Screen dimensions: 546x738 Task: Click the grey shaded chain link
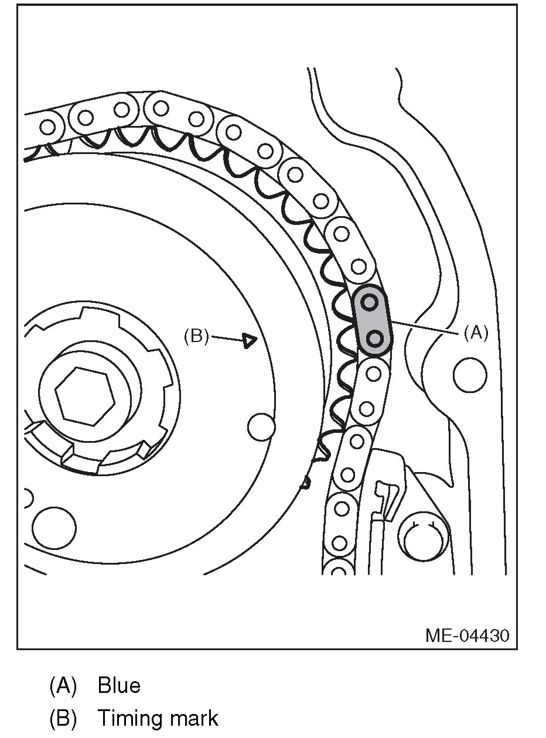[x=372, y=320]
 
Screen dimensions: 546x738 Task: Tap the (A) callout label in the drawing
[x=476, y=333]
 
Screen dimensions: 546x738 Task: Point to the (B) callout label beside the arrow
[x=196, y=336]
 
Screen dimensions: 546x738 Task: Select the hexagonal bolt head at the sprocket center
[x=85, y=397]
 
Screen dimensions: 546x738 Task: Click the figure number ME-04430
[x=467, y=635]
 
